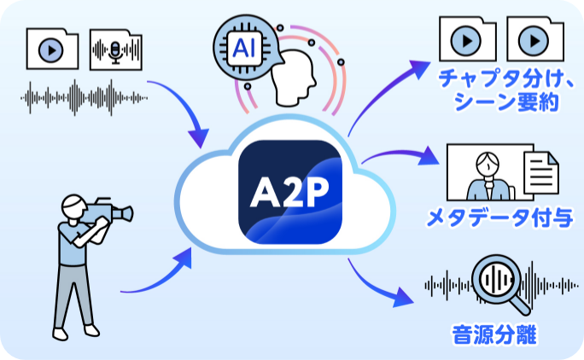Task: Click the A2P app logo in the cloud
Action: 290,192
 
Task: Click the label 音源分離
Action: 494,334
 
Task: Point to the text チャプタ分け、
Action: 499,79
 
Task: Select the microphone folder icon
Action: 116,50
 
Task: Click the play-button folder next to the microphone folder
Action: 52,50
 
